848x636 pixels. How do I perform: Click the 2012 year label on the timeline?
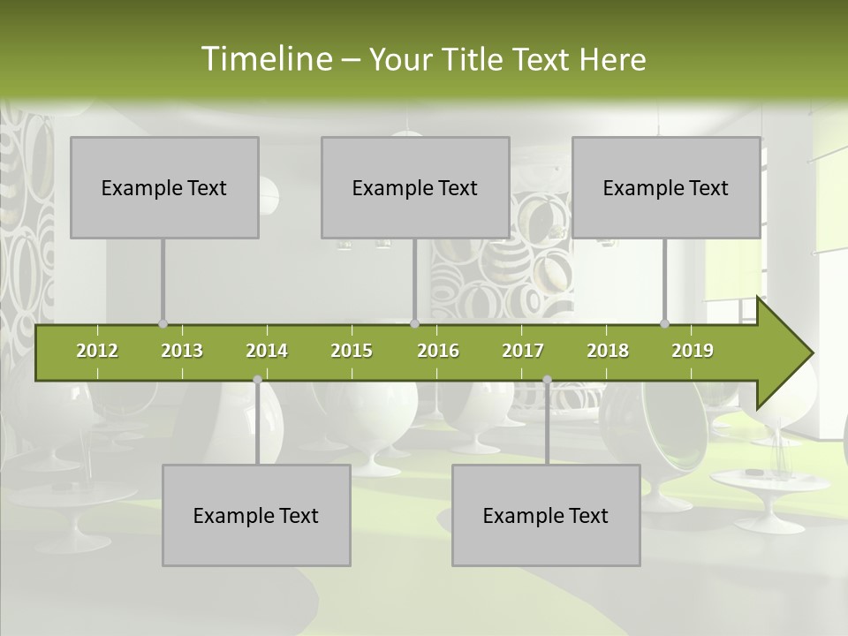(x=97, y=351)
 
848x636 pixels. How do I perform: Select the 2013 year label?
(x=182, y=351)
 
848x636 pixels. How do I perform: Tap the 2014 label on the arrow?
(x=267, y=351)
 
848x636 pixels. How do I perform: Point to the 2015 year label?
(x=352, y=351)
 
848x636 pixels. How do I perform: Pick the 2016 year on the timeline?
(x=438, y=351)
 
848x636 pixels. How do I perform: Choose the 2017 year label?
(x=523, y=351)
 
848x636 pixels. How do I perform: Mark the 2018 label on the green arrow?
(x=608, y=351)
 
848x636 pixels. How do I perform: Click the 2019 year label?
(x=693, y=351)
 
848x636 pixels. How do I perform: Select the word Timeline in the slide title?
(x=265, y=59)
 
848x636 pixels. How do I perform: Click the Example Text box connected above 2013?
(x=164, y=187)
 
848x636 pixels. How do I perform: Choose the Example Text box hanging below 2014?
(x=256, y=515)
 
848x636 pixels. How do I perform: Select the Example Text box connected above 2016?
(x=415, y=187)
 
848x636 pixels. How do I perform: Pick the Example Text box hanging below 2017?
(x=546, y=515)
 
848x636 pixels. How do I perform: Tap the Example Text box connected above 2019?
(x=666, y=187)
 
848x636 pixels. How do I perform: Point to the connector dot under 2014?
(x=257, y=380)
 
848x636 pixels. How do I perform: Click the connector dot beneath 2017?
(x=547, y=380)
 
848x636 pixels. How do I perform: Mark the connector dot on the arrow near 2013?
(x=163, y=324)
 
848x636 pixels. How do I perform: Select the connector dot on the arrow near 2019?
(x=664, y=324)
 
